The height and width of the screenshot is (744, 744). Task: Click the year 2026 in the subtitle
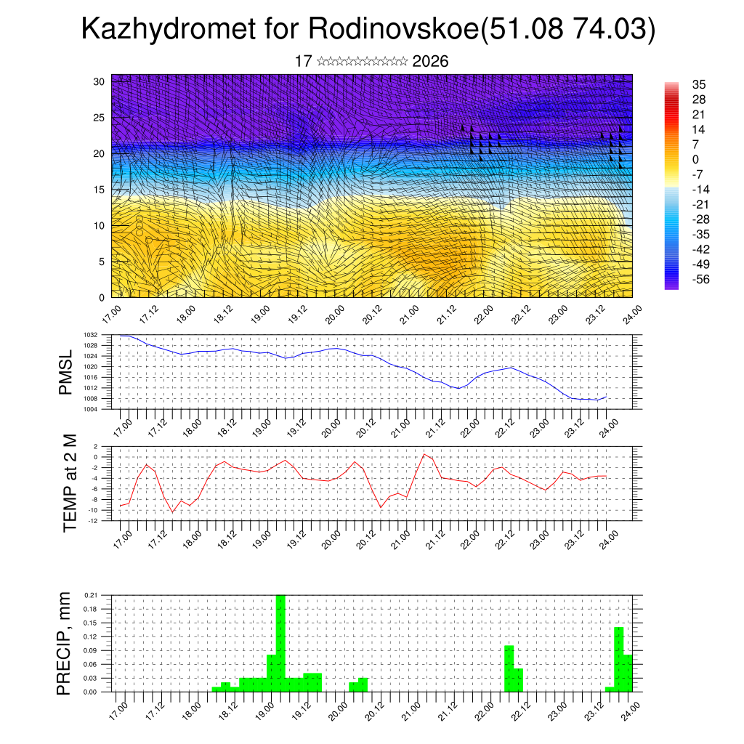(430, 62)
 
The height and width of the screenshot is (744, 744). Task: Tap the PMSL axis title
(66, 372)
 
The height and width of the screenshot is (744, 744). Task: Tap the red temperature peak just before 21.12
(424, 454)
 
